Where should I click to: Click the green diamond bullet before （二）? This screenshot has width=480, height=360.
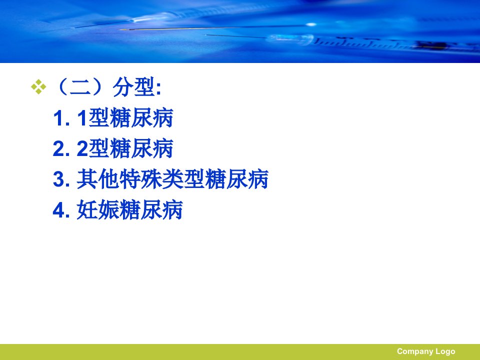pyautogui.click(x=38, y=87)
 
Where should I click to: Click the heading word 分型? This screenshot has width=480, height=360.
pyautogui.click(x=134, y=87)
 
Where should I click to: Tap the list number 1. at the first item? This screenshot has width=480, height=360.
pyautogui.click(x=61, y=118)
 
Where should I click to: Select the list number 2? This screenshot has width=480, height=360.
pyautogui.click(x=61, y=149)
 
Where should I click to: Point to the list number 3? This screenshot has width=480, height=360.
pyautogui.click(x=61, y=179)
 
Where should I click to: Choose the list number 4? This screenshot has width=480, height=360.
pyautogui.click(x=61, y=210)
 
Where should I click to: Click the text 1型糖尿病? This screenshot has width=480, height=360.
pyautogui.click(x=125, y=118)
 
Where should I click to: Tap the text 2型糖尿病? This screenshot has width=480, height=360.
pyautogui.click(x=125, y=148)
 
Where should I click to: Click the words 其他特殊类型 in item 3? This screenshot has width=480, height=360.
pyautogui.click(x=140, y=179)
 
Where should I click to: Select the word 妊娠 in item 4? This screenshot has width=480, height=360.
pyautogui.click(x=98, y=209)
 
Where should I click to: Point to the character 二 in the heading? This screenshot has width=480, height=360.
pyautogui.click(x=80, y=87)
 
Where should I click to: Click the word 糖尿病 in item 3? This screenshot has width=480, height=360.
pyautogui.click(x=236, y=179)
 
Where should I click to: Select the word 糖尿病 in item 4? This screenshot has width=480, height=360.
pyautogui.click(x=151, y=209)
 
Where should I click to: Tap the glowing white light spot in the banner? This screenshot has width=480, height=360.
pyautogui.click(x=311, y=24)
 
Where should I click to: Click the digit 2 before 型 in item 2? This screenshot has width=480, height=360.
pyautogui.click(x=82, y=149)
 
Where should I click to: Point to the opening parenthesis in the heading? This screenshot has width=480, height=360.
pyautogui.click(x=61, y=87)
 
